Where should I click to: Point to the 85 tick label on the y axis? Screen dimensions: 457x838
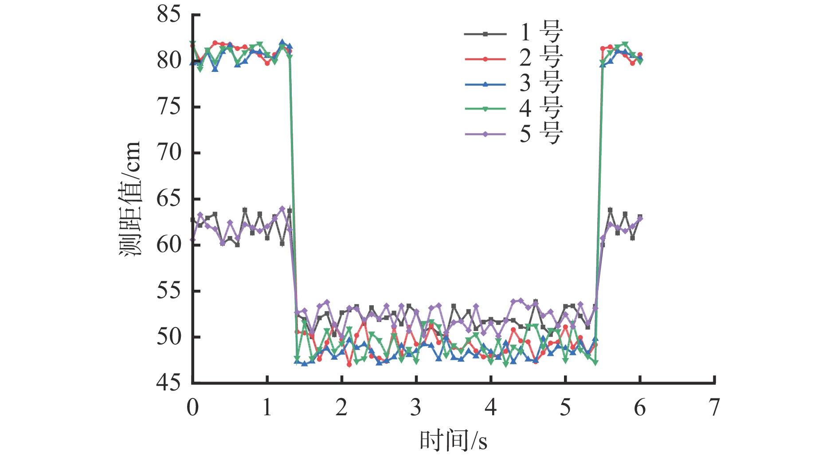click(x=169, y=15)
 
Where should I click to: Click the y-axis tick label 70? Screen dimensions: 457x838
click(x=169, y=153)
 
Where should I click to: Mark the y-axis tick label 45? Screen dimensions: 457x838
click(x=169, y=382)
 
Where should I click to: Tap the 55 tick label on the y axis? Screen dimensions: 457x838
click(x=169, y=291)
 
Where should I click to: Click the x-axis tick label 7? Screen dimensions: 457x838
click(x=714, y=407)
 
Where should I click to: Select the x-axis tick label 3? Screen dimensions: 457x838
click(x=416, y=407)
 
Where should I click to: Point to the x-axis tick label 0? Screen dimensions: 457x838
click(x=192, y=407)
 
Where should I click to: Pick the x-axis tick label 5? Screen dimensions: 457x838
click(x=565, y=407)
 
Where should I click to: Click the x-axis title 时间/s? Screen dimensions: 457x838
click(x=453, y=441)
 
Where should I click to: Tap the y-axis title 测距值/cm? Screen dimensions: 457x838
click(x=130, y=199)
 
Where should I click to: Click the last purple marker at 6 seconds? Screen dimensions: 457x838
click(x=640, y=218)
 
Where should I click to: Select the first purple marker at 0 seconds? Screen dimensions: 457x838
click(x=192, y=240)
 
